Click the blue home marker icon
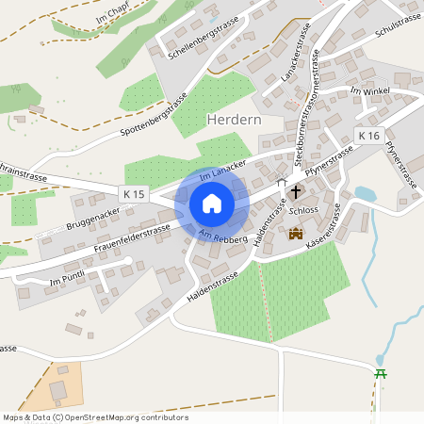click(212, 204)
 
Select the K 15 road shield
click(135, 193)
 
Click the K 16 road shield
click(368, 137)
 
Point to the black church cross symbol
click(296, 191)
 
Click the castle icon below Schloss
click(296, 233)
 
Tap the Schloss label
click(305, 212)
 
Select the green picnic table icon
click(382, 374)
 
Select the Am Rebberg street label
click(223, 236)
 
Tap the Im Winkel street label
click(369, 90)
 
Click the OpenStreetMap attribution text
click(94, 417)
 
